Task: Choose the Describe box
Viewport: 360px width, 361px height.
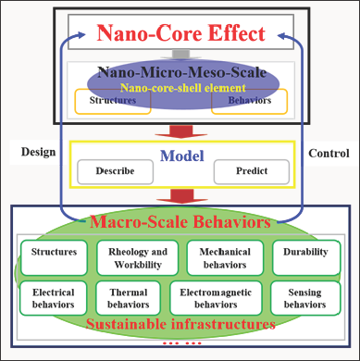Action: coord(114,172)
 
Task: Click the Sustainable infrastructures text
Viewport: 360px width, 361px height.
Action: coord(180,325)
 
